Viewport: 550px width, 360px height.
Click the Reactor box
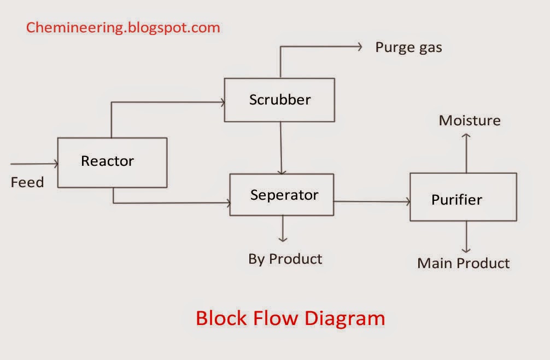click(x=112, y=162)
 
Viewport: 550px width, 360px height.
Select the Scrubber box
click(x=279, y=100)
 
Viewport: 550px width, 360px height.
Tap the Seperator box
click(x=282, y=195)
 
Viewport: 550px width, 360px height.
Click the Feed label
click(x=27, y=182)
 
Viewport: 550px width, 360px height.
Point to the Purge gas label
click(x=408, y=48)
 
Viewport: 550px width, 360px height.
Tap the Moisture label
click(x=470, y=120)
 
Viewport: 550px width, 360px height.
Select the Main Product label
click(x=463, y=263)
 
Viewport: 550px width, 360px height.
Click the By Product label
click(x=285, y=259)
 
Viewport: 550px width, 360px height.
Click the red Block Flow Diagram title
click(x=290, y=318)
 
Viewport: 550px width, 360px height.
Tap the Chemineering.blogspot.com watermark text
click(x=123, y=27)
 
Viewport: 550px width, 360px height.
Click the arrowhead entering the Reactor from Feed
click(x=55, y=164)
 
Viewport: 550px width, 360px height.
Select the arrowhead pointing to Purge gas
click(x=359, y=47)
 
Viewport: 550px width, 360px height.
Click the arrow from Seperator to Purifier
click(x=372, y=201)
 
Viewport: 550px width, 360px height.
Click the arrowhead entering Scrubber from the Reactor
click(x=222, y=102)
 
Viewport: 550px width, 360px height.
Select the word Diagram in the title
click(x=346, y=318)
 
